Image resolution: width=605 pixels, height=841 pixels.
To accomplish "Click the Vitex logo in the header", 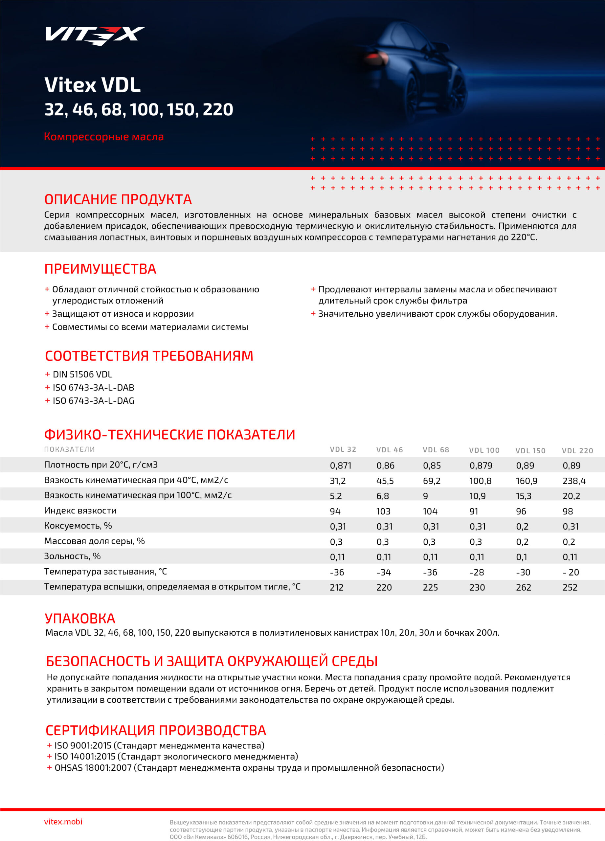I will pyautogui.click(x=95, y=35).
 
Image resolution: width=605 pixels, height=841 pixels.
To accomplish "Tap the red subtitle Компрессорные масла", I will pyautogui.click(x=104, y=137).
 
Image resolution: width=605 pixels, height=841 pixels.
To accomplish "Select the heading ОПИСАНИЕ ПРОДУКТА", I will pyautogui.click(x=118, y=199).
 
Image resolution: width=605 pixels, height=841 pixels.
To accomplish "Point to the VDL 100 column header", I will pyautogui.click(x=484, y=450).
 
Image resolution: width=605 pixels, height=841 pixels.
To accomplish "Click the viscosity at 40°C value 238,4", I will pyautogui.click(x=574, y=481).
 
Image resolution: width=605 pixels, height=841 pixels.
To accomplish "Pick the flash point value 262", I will pyautogui.click(x=524, y=587).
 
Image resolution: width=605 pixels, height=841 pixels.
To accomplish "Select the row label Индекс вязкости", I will pyautogui.click(x=80, y=511).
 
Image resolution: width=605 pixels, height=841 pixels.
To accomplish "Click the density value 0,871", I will pyautogui.click(x=340, y=466).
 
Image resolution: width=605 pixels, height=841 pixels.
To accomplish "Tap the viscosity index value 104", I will pyautogui.click(x=430, y=511).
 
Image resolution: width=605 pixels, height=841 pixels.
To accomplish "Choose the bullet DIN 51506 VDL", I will pyautogui.click(x=82, y=375).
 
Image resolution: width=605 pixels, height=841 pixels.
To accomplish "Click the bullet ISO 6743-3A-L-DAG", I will pyautogui.click(x=93, y=401).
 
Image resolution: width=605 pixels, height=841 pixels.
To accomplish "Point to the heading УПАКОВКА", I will pyautogui.click(x=80, y=619).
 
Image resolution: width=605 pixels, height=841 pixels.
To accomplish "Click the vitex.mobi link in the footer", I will pyautogui.click(x=63, y=822).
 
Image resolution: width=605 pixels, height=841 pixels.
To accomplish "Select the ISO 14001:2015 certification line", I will pyautogui.click(x=176, y=757).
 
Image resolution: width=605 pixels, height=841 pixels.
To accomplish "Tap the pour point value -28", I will pyautogui.click(x=477, y=572).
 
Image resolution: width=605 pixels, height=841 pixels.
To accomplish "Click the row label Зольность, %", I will pyautogui.click(x=72, y=556).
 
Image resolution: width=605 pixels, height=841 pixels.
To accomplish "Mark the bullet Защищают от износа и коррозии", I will pyautogui.click(x=123, y=314).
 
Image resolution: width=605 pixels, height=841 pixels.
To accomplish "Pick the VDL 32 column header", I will pyautogui.click(x=343, y=449).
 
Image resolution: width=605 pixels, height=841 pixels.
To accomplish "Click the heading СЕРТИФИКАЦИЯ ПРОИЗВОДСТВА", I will pyautogui.click(x=156, y=730).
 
